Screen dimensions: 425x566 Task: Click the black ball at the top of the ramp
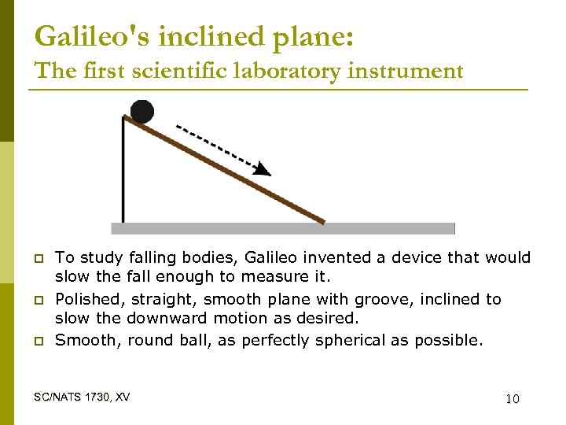click(141, 112)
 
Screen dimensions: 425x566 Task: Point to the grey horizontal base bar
click(283, 228)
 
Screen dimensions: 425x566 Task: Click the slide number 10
click(512, 399)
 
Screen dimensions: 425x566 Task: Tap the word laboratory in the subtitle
click(263, 71)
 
